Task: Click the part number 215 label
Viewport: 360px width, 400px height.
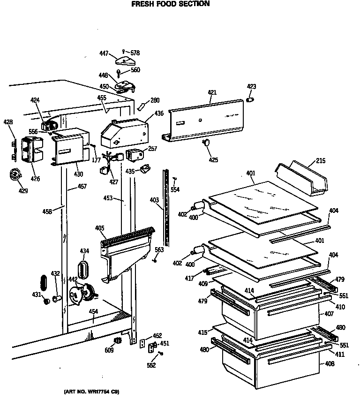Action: point(320,161)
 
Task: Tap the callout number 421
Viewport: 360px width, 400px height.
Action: point(212,93)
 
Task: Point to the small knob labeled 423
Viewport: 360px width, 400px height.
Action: point(250,100)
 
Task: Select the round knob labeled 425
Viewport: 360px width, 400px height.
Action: point(206,143)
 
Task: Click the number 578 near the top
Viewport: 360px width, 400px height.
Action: point(135,53)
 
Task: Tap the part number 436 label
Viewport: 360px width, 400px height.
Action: point(159,113)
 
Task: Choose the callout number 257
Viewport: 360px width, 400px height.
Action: point(152,149)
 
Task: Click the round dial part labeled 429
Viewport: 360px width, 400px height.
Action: point(15,175)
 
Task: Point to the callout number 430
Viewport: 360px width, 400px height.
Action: point(78,174)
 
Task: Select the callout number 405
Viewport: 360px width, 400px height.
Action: point(99,228)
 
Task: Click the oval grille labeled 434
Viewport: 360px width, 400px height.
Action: point(84,270)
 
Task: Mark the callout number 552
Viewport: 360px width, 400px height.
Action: point(150,365)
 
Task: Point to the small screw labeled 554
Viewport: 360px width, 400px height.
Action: point(174,179)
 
